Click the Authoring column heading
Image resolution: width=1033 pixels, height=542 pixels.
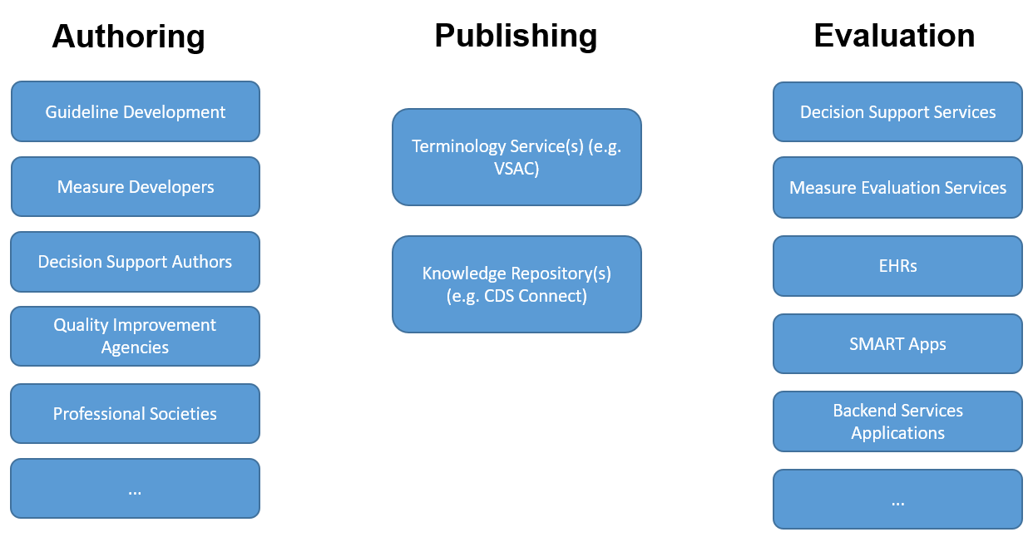tap(128, 37)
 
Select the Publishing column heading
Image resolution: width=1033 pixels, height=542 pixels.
tap(516, 36)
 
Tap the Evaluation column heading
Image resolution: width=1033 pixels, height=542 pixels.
tap(894, 36)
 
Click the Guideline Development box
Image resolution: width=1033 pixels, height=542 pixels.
tap(135, 111)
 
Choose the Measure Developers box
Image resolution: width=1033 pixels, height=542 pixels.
tap(135, 187)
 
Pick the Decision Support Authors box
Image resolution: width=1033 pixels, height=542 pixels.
tap(135, 262)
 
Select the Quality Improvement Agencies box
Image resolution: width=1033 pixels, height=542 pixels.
tap(135, 336)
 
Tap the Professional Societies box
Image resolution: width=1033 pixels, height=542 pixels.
tap(135, 413)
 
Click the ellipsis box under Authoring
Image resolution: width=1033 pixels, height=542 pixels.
tap(135, 489)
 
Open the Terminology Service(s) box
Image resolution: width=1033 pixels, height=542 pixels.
tap(516, 157)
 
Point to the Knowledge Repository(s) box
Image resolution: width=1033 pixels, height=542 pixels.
tap(516, 284)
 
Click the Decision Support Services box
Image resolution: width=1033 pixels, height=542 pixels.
tap(897, 111)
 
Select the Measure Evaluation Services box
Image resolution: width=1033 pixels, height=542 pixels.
tap(897, 188)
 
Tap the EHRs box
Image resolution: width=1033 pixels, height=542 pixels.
tap(897, 266)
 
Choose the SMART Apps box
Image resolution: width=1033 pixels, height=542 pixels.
tap(897, 343)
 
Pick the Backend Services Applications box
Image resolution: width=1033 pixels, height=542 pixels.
tap(897, 421)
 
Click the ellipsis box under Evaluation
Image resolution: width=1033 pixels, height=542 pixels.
tap(897, 500)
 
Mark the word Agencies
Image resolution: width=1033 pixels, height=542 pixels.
tap(135, 347)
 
